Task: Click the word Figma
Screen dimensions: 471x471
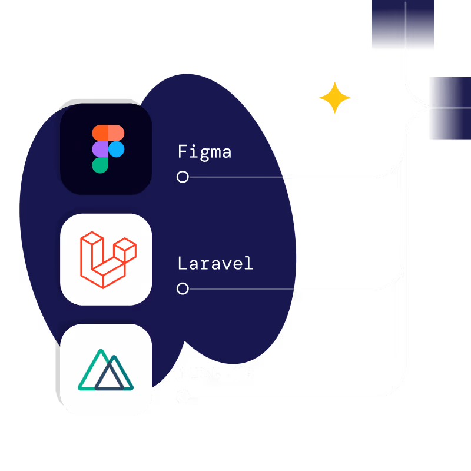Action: point(204,152)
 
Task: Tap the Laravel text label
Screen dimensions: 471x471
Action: point(215,263)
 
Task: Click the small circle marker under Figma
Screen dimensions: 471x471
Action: point(183,177)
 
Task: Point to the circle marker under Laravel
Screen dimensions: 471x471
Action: point(183,288)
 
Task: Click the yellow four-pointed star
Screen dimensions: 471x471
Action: point(335,98)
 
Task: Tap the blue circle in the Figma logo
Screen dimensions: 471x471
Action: point(117,150)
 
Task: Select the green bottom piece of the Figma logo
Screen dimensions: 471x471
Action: point(100,165)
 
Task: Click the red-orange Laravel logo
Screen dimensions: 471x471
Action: point(108,260)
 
